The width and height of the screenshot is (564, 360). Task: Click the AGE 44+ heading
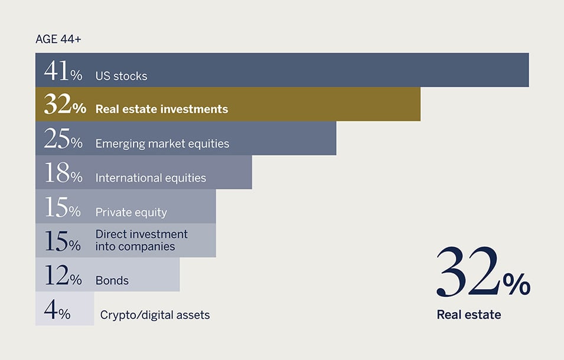tap(58, 39)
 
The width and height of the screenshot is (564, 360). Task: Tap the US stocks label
tap(121, 76)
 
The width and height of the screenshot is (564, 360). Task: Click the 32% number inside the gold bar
tap(65, 104)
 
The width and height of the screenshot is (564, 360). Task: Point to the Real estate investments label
tap(161, 109)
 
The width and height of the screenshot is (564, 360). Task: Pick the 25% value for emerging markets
tap(63, 139)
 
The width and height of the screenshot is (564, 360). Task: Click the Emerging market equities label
tap(162, 144)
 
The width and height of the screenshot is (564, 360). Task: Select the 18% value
tap(63, 173)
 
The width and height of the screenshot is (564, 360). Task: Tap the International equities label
tap(151, 178)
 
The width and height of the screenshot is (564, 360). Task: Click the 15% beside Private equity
tap(63, 207)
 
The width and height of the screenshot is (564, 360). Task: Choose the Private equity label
tap(131, 212)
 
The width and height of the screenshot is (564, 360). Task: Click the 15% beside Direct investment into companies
tap(63, 241)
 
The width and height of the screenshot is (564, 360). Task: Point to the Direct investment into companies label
tap(141, 240)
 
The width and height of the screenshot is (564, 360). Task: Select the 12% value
tap(63, 275)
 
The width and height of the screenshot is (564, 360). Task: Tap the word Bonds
tap(112, 280)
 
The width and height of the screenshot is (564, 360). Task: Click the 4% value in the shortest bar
tap(57, 309)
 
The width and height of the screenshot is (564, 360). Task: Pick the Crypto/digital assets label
tap(155, 315)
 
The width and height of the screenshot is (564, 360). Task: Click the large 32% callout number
tap(483, 272)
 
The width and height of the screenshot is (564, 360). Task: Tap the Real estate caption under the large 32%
tap(469, 315)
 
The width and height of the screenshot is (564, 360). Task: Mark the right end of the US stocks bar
tap(529, 70)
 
